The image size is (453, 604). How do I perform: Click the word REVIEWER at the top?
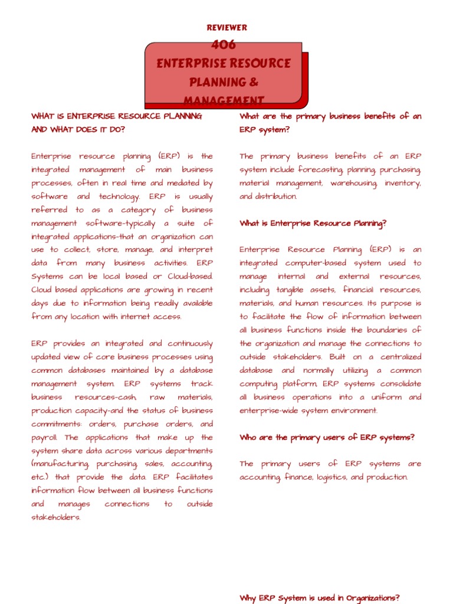point(226,28)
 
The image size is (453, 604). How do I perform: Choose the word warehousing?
point(353,183)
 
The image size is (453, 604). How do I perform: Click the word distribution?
point(277,196)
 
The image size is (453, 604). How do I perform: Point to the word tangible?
point(290,290)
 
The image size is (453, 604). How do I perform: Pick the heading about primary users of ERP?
point(327,438)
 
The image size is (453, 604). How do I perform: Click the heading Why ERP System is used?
point(319,598)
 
